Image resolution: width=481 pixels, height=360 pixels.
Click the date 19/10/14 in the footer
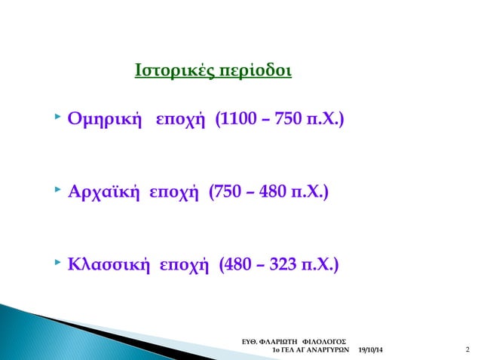pyautogui.click(x=369, y=351)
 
